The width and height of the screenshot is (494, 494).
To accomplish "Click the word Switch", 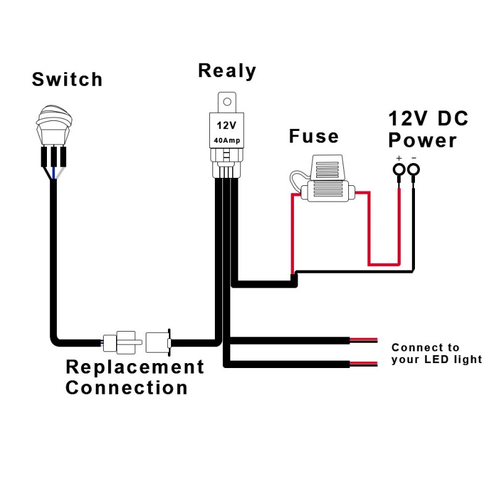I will [x=67, y=79].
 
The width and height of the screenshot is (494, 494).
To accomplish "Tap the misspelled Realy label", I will [x=227, y=70].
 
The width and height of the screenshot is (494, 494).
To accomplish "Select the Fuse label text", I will [x=314, y=136].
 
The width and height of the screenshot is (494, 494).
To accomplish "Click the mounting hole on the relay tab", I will [x=227, y=99].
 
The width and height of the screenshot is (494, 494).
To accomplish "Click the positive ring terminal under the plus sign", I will [x=400, y=170].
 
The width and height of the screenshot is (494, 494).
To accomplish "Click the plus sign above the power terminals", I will [x=399, y=158].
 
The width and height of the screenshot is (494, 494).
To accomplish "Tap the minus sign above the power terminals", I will [x=414, y=158].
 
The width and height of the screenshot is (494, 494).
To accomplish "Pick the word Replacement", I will [x=135, y=367].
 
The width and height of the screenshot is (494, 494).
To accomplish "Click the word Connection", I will [x=127, y=388].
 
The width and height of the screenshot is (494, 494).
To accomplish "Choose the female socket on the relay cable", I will [x=158, y=340].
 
